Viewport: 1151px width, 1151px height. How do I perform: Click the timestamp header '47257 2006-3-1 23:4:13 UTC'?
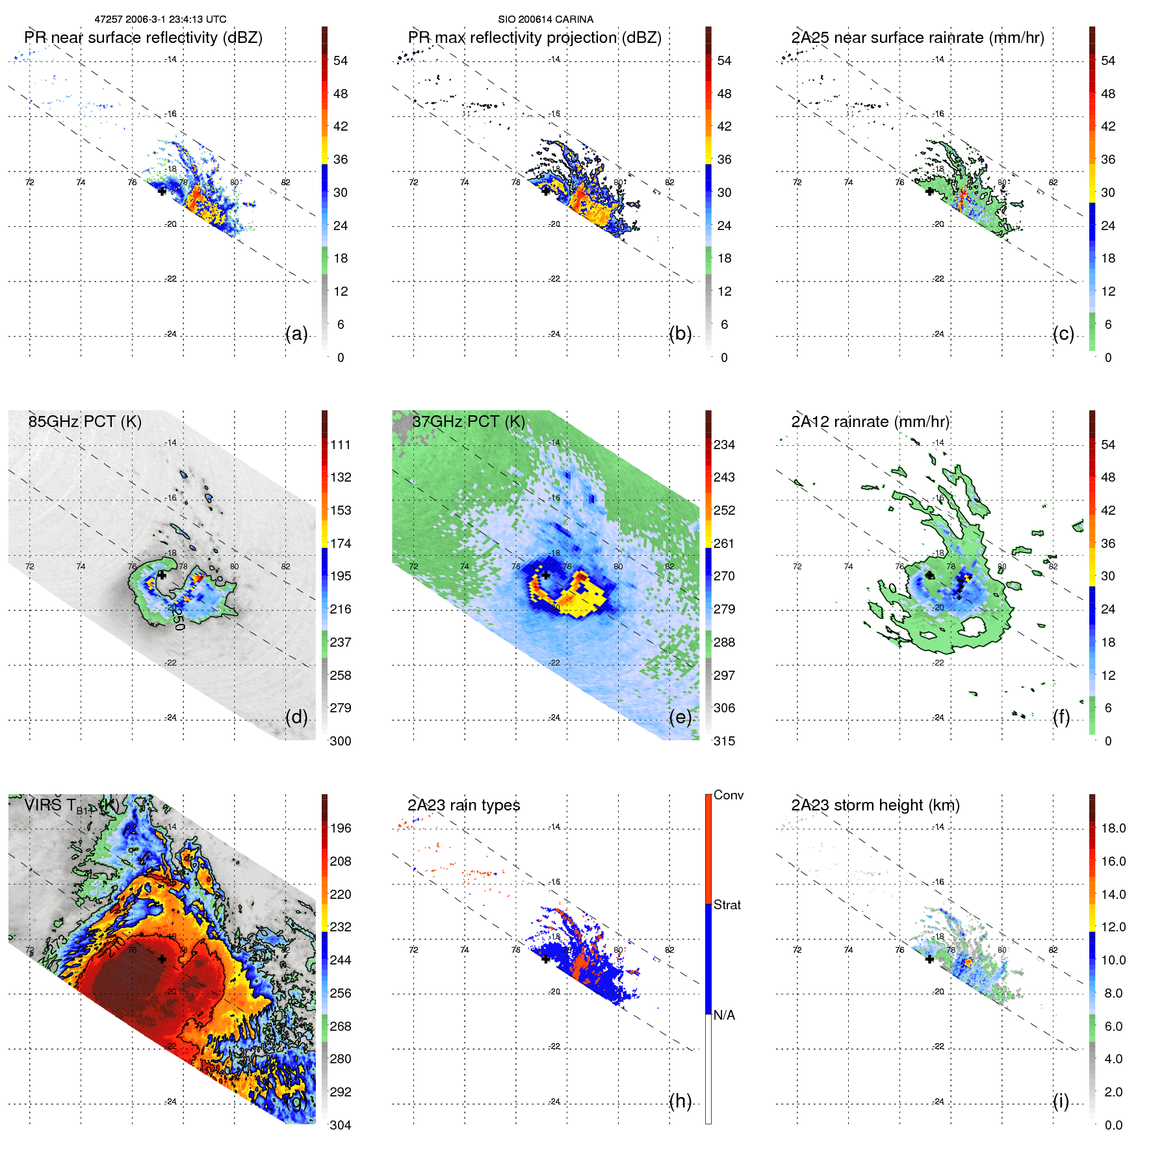pyautogui.click(x=160, y=19)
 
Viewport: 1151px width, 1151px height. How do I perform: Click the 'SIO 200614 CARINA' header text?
pyautogui.click(x=545, y=19)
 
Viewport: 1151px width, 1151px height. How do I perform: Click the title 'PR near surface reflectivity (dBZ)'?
pyautogui.click(x=144, y=38)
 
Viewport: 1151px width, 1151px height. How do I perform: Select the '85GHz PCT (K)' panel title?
pyautogui.click(x=84, y=421)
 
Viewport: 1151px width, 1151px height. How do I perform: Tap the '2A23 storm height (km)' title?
pyautogui.click(x=875, y=805)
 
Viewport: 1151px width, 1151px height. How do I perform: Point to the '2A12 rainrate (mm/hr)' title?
pyautogui.click(x=870, y=421)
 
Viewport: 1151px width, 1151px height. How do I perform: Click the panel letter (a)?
pyautogui.click(x=296, y=334)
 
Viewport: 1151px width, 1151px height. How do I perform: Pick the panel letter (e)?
pyautogui.click(x=680, y=717)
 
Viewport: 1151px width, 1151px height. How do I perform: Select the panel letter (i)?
pyautogui.click(x=1061, y=1101)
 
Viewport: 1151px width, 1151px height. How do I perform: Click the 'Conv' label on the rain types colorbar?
pyautogui.click(x=728, y=795)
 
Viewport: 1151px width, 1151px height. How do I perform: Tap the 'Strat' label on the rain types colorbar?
pyautogui.click(x=727, y=905)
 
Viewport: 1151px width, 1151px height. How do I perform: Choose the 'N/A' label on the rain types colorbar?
pyautogui.click(x=724, y=1015)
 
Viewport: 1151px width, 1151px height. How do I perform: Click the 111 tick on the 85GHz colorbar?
pyautogui.click(x=341, y=445)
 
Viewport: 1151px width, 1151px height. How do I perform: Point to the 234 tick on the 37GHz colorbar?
pyautogui.click(x=724, y=445)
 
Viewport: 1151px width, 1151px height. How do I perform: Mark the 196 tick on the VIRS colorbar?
pyautogui.click(x=341, y=828)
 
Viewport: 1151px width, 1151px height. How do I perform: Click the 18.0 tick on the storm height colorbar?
pyautogui.click(x=1113, y=828)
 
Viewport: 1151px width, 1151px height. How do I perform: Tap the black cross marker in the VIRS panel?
pyautogui.click(x=162, y=959)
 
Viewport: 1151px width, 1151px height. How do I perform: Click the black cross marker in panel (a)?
pyautogui.click(x=162, y=191)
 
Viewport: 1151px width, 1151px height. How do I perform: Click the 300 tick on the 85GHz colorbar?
pyautogui.click(x=341, y=741)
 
